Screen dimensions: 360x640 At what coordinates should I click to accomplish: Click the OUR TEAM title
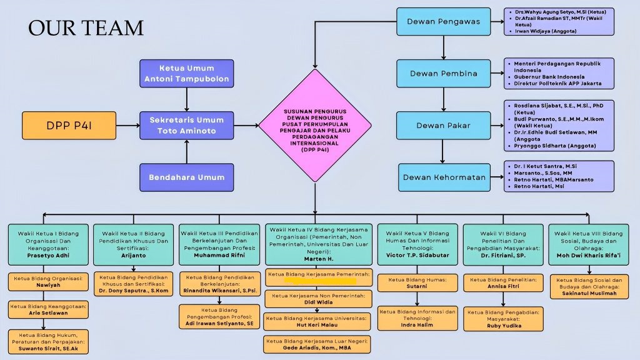86,27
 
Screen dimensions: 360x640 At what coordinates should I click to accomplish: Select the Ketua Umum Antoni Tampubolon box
187,73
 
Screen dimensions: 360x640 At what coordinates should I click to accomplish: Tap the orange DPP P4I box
71,126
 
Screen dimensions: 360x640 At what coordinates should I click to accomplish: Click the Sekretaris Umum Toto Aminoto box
187,126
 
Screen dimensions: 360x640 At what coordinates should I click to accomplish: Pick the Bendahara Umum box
187,177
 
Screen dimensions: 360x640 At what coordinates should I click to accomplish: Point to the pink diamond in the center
315,126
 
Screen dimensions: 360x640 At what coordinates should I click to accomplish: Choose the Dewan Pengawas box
443,22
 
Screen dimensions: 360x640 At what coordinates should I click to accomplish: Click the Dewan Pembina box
443,74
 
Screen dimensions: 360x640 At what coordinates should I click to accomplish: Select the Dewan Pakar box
443,126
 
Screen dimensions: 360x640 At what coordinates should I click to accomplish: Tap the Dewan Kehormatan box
443,177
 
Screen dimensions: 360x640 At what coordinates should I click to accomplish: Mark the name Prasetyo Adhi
47,256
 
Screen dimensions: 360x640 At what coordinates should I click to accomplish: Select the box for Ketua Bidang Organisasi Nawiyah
47,282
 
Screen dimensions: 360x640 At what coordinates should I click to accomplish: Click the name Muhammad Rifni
218,256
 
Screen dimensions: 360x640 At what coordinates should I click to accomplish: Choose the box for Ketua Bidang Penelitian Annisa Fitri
503,283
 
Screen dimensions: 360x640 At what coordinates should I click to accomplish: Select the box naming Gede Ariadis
318,344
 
